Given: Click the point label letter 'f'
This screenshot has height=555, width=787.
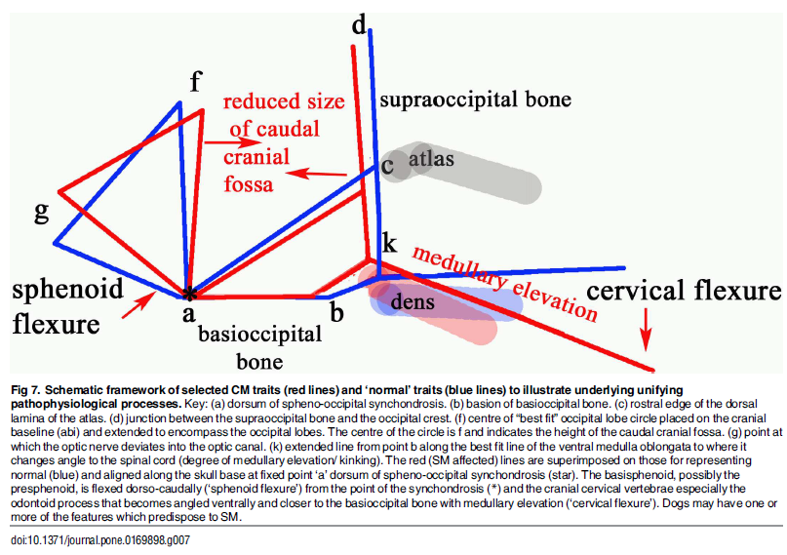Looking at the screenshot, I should pos(195,82).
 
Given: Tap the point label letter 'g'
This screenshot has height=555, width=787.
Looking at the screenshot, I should pos(41,213).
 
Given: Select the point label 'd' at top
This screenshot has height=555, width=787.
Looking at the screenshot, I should pos(359,24).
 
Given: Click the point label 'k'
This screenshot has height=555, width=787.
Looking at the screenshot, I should pos(389,244).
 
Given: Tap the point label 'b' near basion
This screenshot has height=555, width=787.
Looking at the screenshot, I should pos(337,313).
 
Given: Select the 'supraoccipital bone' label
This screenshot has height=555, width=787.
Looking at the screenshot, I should pos(475,99).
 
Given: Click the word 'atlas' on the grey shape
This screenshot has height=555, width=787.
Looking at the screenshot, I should pos(431,158).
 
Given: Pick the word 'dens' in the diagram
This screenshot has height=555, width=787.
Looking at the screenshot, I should pos(412,303).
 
